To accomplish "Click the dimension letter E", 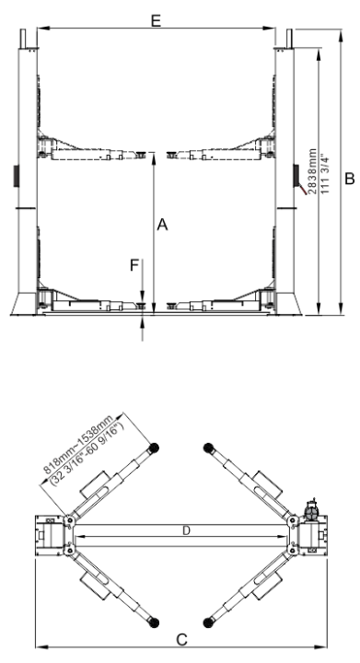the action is (156, 20).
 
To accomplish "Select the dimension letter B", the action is (350, 179).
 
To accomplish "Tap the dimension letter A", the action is (162, 225).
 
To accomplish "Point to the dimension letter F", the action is (134, 265).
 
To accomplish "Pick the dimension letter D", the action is (186, 530).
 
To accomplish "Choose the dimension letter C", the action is (181, 640).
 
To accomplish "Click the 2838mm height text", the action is (312, 171).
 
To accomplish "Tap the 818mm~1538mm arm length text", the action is (78, 444).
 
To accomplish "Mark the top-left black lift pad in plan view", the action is (154, 448).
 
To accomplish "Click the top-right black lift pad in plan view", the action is (208, 448).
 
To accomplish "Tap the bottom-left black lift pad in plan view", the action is (154, 622).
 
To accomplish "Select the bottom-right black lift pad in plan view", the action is (208, 622).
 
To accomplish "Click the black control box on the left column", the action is (17, 176).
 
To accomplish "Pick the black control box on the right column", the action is (296, 176).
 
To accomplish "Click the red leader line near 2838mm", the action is (303, 190).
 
